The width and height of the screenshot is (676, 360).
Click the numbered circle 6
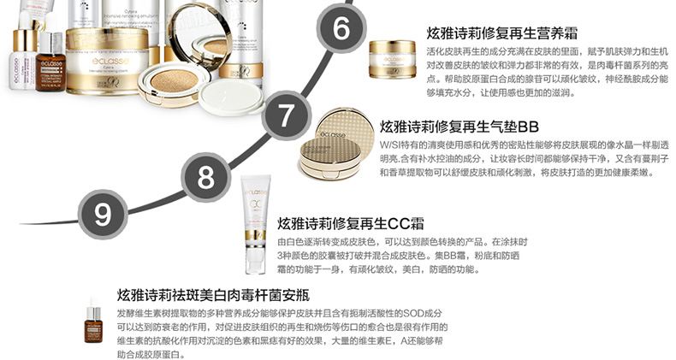[341, 27]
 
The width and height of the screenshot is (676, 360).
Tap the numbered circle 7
[286, 115]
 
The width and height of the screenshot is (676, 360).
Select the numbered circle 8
[205, 176]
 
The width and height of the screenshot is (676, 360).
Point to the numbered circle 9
[103, 214]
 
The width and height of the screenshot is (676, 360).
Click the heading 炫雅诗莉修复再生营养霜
[501, 33]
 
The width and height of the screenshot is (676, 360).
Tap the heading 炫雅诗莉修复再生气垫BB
[460, 127]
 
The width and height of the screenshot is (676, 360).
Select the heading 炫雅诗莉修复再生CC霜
[351, 223]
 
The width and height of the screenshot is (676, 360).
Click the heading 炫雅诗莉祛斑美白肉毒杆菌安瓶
[213, 295]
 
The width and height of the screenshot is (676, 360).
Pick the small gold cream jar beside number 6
[392, 58]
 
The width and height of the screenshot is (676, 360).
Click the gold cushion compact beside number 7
[332, 145]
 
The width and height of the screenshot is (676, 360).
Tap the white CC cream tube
[256, 224]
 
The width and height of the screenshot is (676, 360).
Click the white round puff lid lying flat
[232, 97]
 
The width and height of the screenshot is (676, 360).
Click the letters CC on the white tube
[256, 204]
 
